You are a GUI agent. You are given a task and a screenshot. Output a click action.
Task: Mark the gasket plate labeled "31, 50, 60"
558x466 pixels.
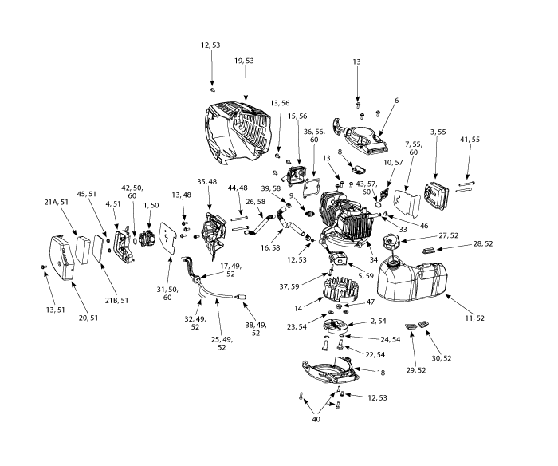click(x=170, y=238)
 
